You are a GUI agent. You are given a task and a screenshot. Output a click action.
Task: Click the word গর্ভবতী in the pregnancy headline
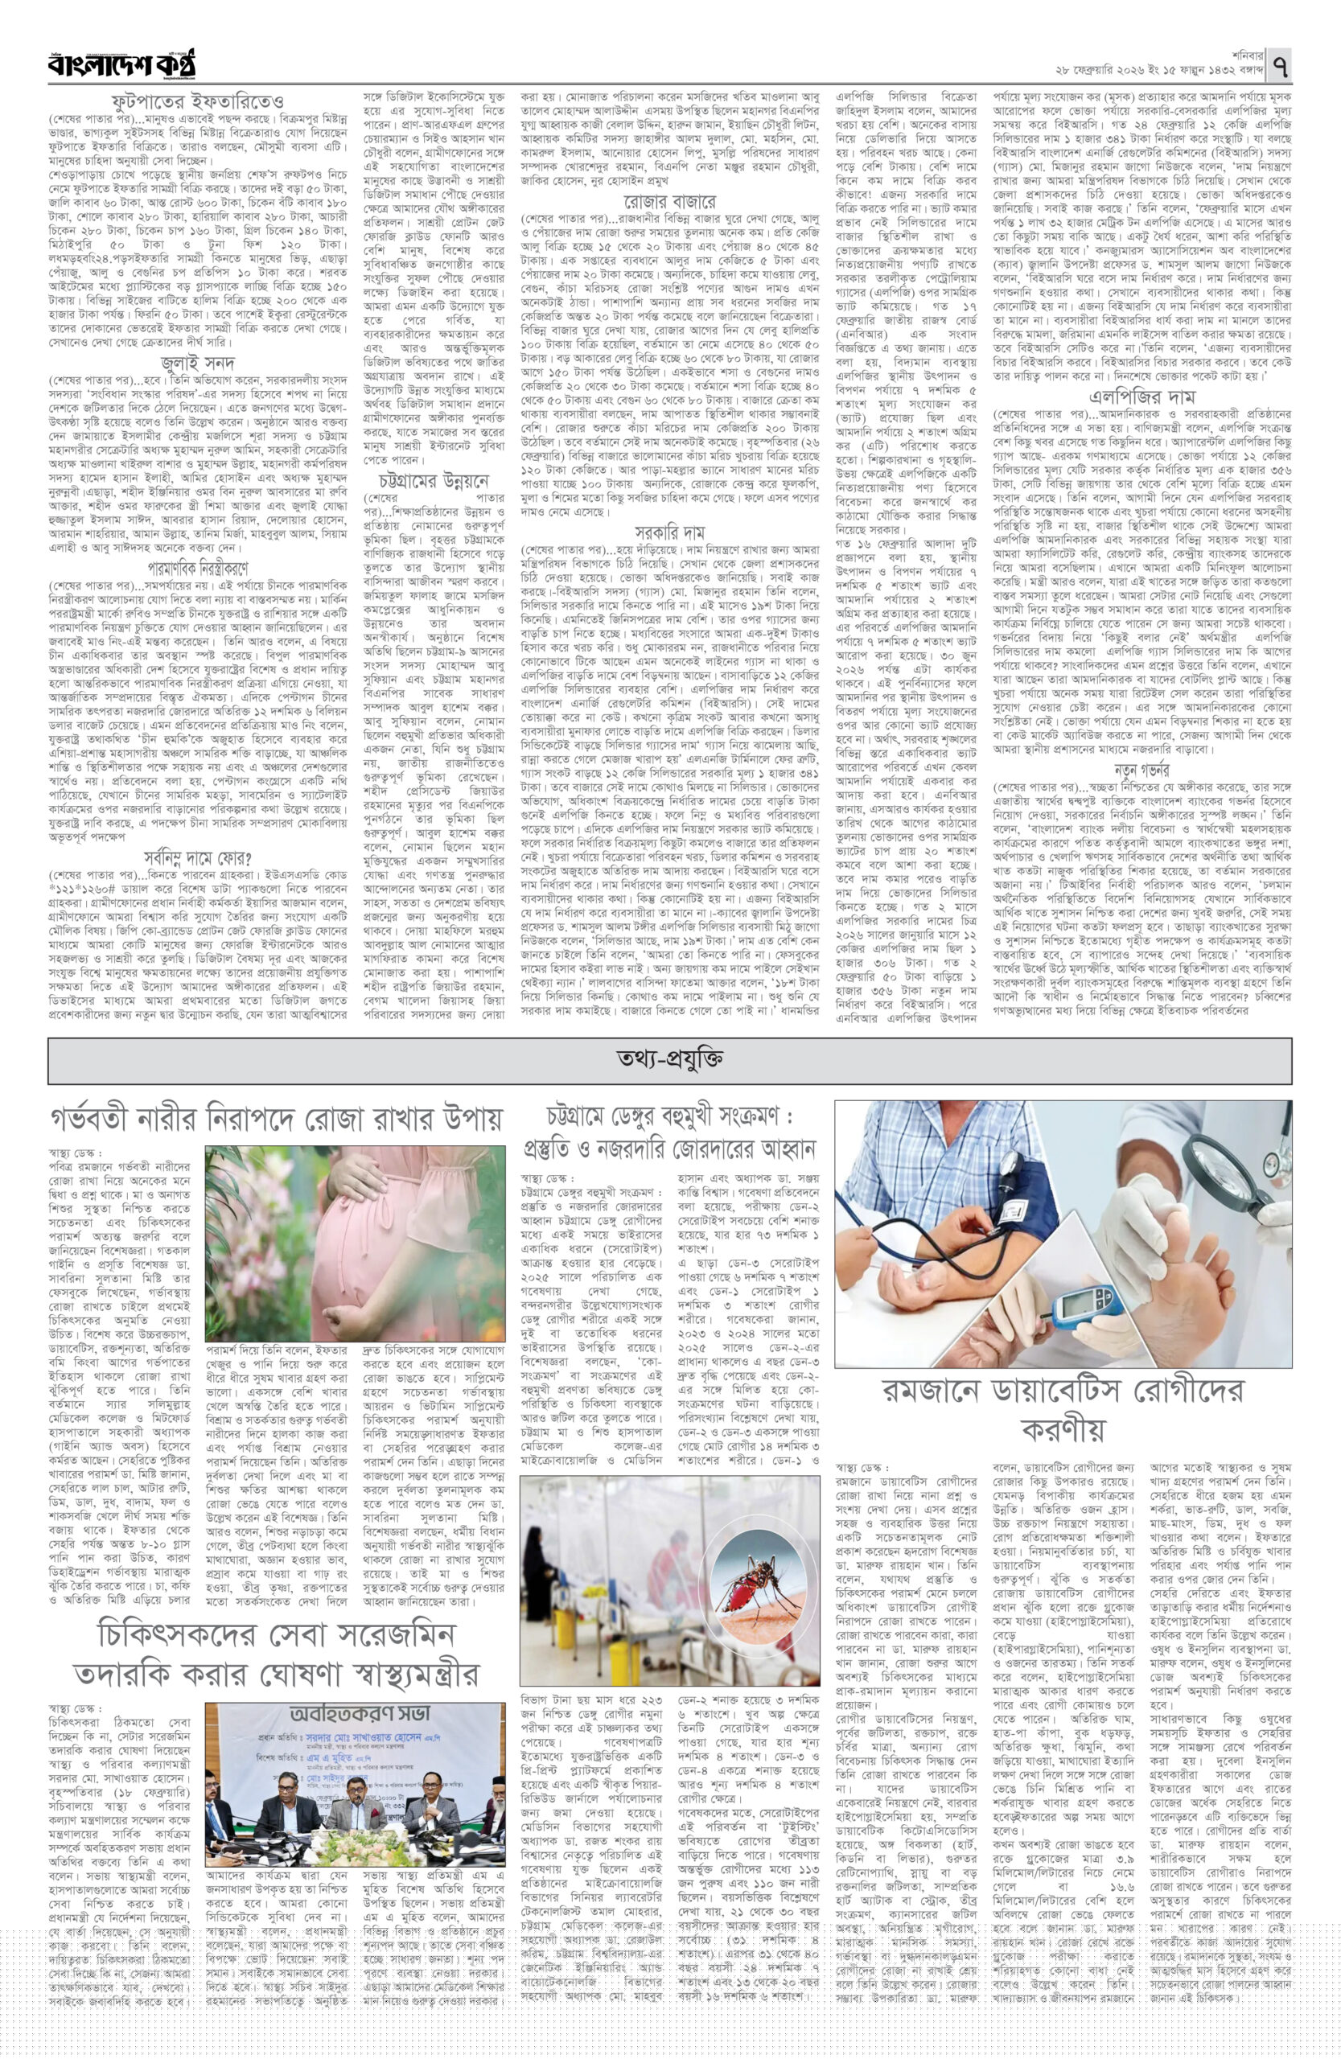point(101,1120)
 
